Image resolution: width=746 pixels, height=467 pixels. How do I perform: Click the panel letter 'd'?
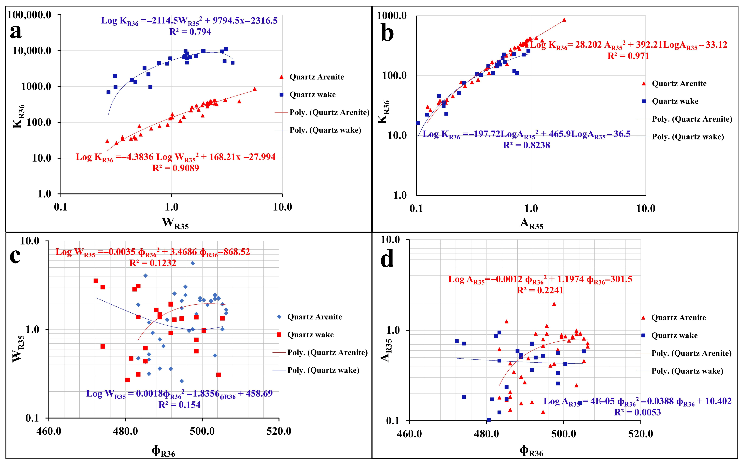click(x=387, y=260)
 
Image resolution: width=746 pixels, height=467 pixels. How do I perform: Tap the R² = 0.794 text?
click(x=190, y=31)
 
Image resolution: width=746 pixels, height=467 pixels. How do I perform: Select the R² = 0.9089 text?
click(x=176, y=168)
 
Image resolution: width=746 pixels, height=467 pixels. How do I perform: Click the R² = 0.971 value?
click(x=628, y=56)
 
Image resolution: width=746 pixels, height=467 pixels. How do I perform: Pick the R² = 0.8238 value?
click(x=527, y=145)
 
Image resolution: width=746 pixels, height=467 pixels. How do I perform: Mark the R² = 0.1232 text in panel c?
click(x=153, y=263)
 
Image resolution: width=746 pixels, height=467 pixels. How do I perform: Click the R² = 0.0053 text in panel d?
click(x=637, y=412)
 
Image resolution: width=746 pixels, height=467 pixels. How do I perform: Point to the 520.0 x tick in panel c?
click(x=279, y=431)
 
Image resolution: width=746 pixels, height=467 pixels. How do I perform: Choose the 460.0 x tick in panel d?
click(x=409, y=434)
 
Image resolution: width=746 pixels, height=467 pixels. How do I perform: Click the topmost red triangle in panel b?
click(x=564, y=20)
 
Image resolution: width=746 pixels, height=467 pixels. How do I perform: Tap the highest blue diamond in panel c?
click(x=192, y=263)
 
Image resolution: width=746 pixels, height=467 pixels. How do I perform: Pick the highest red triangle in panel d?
click(x=554, y=304)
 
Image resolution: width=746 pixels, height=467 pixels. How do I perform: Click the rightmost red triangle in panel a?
click(x=254, y=89)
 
